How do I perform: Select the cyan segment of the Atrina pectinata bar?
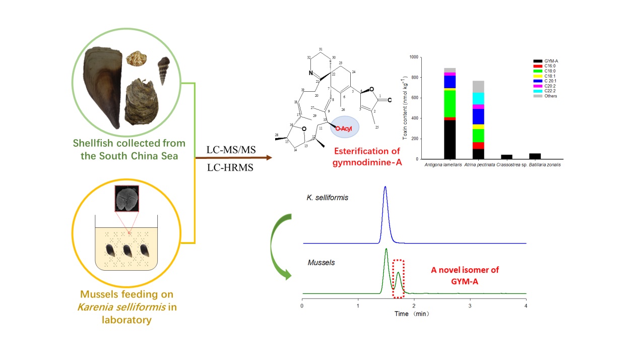478,99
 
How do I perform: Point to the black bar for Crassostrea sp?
507,157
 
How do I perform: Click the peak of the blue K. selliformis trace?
386,188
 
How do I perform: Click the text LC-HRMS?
230,168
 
